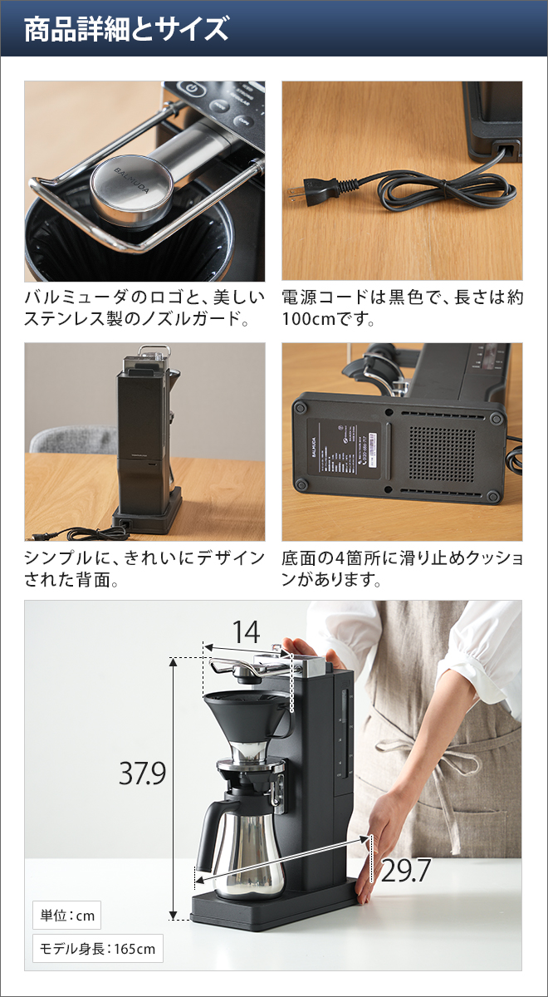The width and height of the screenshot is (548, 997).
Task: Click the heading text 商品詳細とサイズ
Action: (126, 29)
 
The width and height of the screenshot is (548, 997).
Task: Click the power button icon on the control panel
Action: (191, 89)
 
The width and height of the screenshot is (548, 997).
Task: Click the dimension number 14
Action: (246, 632)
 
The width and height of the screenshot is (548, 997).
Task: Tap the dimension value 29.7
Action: (406, 870)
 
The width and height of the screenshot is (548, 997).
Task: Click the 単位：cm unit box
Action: (68, 916)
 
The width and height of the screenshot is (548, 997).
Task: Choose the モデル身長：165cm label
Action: (98, 948)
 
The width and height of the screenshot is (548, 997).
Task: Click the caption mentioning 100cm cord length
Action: (402, 308)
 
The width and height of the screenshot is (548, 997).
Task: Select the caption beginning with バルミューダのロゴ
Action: (144, 308)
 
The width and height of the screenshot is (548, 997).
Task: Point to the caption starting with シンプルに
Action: (144, 568)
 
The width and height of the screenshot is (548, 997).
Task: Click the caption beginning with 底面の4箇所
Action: (402, 568)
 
